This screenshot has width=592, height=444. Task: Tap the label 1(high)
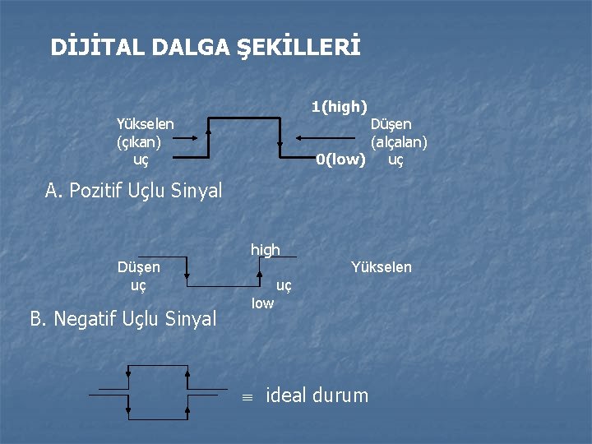[x=340, y=106]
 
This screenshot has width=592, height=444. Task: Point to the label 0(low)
[x=340, y=160]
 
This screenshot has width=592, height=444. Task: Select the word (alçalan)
[x=399, y=141]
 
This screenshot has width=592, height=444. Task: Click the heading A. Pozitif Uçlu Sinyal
[x=134, y=191]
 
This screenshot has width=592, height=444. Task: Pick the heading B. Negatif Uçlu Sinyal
[x=123, y=317]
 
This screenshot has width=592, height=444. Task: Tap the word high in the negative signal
[x=265, y=249]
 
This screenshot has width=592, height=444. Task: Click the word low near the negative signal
[x=262, y=303]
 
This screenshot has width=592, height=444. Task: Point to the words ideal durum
[x=317, y=395]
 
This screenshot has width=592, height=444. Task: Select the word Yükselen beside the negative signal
[x=381, y=266]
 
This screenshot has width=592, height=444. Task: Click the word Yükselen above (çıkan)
[x=145, y=123]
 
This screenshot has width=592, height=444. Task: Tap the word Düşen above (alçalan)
[x=391, y=123]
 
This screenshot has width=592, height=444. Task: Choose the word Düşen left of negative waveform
[x=139, y=266]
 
